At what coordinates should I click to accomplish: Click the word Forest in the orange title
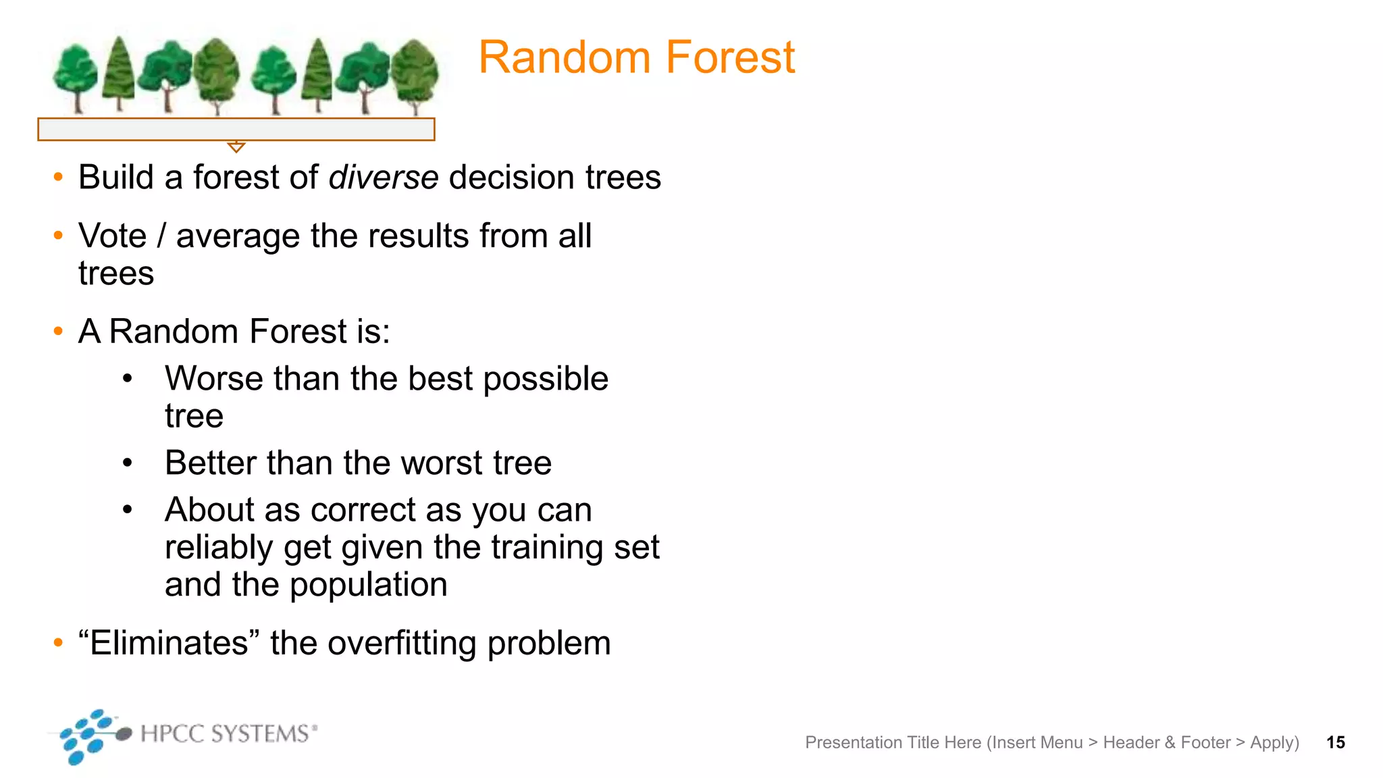[x=731, y=58]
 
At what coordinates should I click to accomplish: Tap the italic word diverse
[x=384, y=178]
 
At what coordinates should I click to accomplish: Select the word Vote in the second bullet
[x=112, y=236]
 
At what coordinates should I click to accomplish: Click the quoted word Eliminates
[x=169, y=643]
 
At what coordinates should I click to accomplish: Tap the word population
[x=369, y=586]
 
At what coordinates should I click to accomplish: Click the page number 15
[x=1335, y=743]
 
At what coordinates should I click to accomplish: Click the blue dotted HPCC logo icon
[x=91, y=735]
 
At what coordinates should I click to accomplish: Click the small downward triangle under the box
[x=236, y=147]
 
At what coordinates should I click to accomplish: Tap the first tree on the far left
[x=76, y=76]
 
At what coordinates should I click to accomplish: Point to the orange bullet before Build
[x=58, y=178]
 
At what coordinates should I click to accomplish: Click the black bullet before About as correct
[x=128, y=510]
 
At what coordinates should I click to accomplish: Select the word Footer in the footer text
[x=1205, y=743]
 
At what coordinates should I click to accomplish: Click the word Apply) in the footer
[x=1274, y=743]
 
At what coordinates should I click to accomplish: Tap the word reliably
[x=219, y=548]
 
